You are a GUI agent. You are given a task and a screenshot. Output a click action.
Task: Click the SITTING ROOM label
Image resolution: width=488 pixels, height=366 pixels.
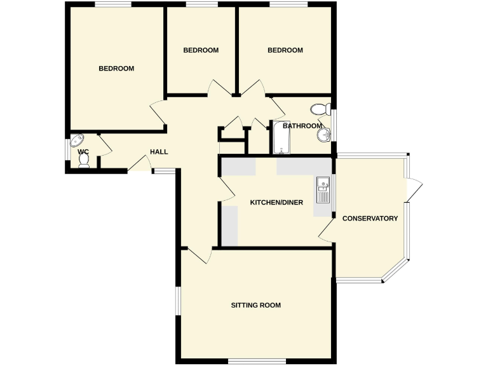tap(256, 306)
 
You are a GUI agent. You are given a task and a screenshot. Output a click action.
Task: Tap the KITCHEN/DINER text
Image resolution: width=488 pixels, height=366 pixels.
tap(276, 203)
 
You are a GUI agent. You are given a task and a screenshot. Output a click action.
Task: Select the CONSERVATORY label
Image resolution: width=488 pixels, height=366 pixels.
tap(370, 219)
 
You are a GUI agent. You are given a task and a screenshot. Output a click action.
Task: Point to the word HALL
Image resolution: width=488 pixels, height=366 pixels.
tap(159, 152)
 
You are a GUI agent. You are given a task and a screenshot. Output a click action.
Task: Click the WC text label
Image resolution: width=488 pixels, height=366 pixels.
tap(83, 152)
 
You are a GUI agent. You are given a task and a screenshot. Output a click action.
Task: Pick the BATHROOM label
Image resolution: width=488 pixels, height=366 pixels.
tap(302, 126)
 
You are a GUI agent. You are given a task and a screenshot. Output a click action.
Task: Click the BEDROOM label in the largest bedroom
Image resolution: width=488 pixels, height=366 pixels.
tap(116, 69)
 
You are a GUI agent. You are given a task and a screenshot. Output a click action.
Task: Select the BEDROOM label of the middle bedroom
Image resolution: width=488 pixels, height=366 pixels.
tap(201, 50)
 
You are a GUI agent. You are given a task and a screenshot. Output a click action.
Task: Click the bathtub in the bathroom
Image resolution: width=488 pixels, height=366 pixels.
tap(281, 138)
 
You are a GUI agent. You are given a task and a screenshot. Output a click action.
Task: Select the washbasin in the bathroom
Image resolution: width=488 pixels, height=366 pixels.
tap(325, 134)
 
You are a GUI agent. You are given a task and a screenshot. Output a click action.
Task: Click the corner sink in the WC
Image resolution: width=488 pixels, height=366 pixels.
tap(78, 140)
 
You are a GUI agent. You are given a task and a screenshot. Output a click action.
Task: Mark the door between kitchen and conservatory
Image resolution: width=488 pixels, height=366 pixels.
tap(327, 232)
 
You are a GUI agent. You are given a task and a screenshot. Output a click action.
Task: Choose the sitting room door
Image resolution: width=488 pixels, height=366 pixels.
tap(200, 255)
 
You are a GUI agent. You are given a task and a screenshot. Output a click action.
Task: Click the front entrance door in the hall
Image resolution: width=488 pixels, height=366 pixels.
tap(139, 163)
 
